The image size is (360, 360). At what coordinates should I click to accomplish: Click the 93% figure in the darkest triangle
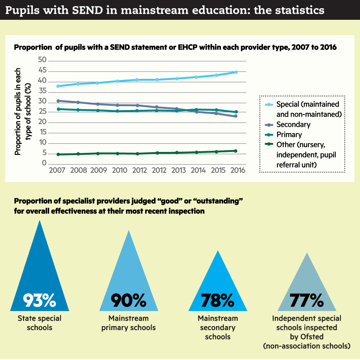point(39,300)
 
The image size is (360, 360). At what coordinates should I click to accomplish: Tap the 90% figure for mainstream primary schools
point(129,300)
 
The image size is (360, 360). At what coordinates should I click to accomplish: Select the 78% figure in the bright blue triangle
point(218,300)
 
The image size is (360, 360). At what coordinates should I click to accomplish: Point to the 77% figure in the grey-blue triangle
point(307,300)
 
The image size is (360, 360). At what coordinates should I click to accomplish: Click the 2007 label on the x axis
point(57,170)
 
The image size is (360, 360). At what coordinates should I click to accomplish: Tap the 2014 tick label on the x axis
point(196,170)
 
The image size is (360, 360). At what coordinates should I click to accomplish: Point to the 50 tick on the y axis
point(42,60)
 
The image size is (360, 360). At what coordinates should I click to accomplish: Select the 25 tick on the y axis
point(42,112)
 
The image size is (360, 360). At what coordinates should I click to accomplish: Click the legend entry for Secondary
point(293,125)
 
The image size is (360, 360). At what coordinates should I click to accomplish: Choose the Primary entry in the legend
point(289,135)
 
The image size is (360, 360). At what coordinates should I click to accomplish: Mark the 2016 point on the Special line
point(236,72)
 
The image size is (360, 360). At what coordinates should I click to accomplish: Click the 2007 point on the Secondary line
point(58,101)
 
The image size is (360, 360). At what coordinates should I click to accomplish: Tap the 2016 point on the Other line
point(236,151)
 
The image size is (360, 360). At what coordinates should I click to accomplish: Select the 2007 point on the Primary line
point(58,109)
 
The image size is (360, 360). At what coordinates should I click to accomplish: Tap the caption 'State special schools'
point(39,323)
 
